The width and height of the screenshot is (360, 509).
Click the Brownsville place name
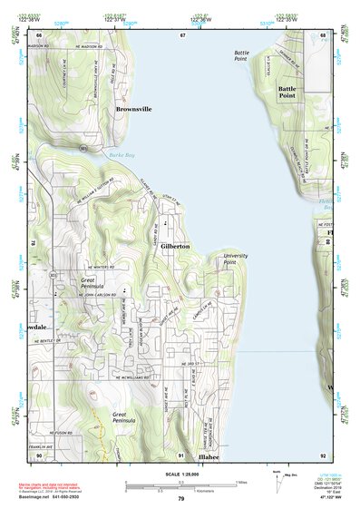point(134,108)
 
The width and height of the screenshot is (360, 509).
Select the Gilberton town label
point(175,246)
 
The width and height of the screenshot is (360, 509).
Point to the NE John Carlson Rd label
point(90,295)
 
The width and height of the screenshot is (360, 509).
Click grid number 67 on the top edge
point(182,34)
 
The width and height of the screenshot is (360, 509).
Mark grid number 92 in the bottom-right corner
point(322,455)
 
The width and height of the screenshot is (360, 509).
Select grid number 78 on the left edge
point(34,244)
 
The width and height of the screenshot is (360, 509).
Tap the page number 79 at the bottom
point(180,498)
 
